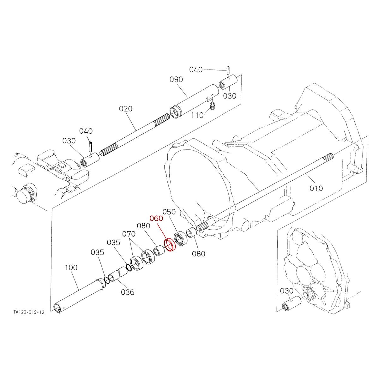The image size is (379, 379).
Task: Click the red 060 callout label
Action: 156,219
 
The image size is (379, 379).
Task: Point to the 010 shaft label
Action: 316,188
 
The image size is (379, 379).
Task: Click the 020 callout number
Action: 126,109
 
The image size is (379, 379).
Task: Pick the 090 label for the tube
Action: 176,79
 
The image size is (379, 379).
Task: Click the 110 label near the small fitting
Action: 197,115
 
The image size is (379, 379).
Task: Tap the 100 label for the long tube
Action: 71,268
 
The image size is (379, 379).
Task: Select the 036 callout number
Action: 128,292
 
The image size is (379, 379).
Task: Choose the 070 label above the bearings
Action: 129,234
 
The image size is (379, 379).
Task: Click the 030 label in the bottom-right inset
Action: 287,291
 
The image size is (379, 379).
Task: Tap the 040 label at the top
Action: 196,69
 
